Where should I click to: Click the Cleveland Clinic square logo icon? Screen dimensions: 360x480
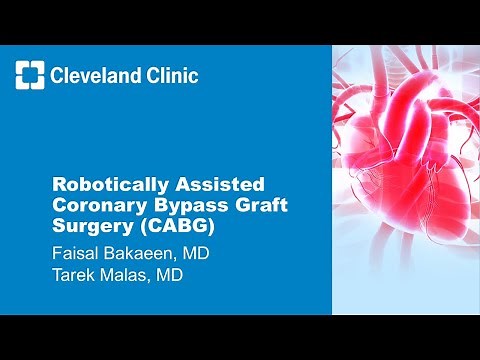(31, 75)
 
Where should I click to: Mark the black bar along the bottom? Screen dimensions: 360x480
(240, 337)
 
